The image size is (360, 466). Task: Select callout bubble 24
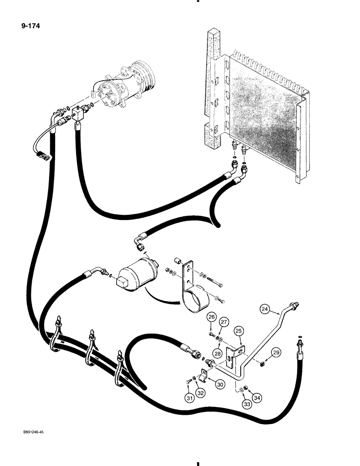click(x=265, y=309)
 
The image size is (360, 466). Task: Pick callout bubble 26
click(x=212, y=318)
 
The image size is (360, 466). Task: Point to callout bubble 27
click(x=223, y=322)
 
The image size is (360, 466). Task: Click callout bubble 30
click(x=220, y=384)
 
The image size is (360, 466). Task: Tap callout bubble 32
click(x=201, y=393)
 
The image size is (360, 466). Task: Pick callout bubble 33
click(x=247, y=404)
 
